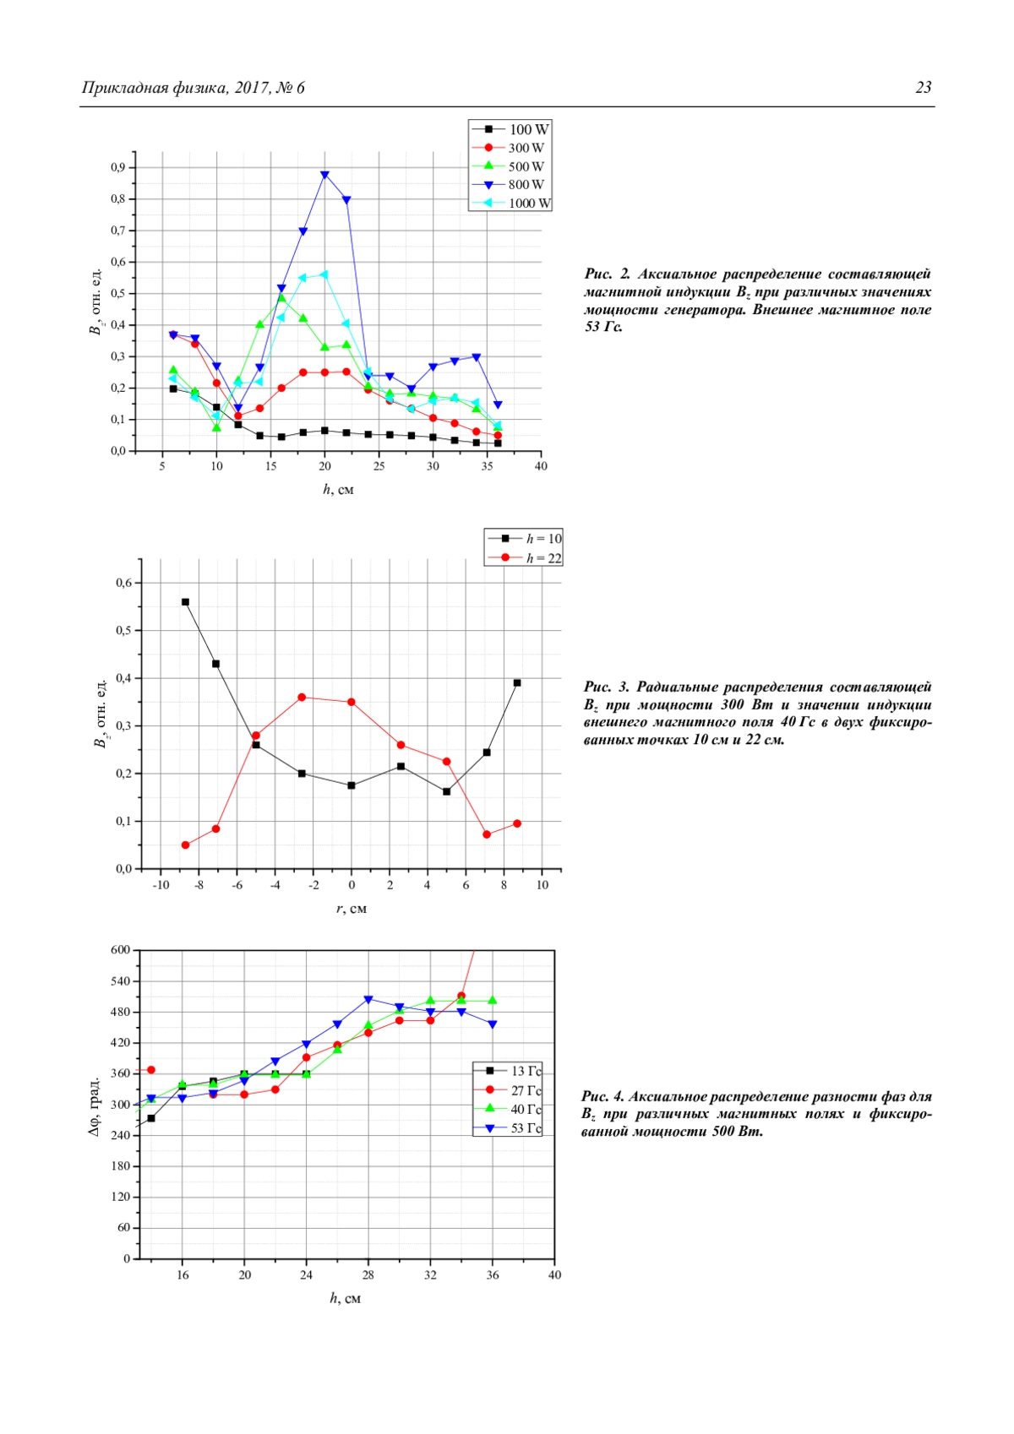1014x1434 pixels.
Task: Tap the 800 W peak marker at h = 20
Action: pos(324,175)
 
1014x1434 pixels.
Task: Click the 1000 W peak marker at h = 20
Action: pos(324,274)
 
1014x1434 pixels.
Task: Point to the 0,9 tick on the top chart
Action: pos(117,167)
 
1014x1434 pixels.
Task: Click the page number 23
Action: pos(923,88)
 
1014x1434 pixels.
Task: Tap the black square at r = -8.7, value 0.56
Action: pos(185,602)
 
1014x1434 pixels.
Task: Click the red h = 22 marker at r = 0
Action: pos(352,702)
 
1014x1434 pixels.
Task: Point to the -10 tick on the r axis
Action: pos(161,885)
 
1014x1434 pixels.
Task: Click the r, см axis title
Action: pos(352,909)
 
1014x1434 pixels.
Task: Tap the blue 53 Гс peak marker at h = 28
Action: pos(368,1000)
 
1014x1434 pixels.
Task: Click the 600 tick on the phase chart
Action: pos(121,950)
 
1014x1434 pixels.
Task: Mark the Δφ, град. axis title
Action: pos(94,1106)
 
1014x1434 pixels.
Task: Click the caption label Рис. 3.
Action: pos(606,687)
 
